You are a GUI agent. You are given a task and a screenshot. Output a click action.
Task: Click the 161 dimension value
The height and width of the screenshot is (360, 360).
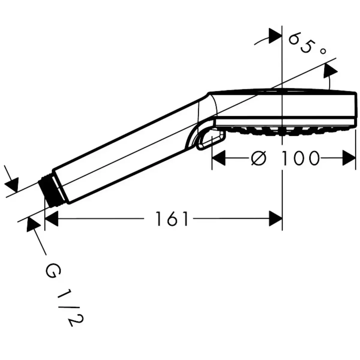(x=172, y=219)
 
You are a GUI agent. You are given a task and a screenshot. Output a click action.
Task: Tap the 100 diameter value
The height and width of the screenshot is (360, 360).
(x=300, y=158)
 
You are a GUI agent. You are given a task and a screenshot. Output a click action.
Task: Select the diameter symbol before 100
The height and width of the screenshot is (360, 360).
(x=258, y=158)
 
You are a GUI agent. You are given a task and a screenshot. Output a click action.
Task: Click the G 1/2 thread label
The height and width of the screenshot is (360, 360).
(x=64, y=295)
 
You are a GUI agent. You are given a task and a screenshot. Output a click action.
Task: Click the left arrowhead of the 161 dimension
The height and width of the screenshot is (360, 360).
(x=51, y=219)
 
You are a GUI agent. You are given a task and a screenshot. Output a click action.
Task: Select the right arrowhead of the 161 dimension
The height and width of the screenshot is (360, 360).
(x=276, y=219)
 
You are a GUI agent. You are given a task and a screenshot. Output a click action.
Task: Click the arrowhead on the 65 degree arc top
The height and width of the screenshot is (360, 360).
(x=275, y=36)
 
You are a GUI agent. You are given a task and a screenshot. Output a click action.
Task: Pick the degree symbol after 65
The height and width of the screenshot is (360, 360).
(x=322, y=52)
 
